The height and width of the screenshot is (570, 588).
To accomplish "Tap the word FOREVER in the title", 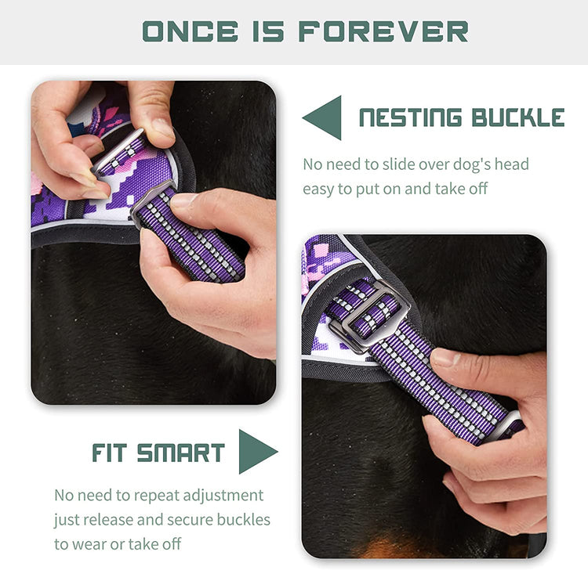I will (x=383, y=31).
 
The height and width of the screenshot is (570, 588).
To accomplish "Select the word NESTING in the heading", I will (x=409, y=118).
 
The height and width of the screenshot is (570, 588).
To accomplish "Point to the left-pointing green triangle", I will (x=324, y=117).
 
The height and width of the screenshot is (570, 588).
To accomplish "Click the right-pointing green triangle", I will (x=256, y=451).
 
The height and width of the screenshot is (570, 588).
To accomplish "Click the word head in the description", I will (x=512, y=164).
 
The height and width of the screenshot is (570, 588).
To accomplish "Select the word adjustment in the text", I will (x=224, y=496).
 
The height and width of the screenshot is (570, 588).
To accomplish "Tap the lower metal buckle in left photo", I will (x=153, y=202).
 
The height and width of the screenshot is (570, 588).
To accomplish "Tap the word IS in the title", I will (x=263, y=31).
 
